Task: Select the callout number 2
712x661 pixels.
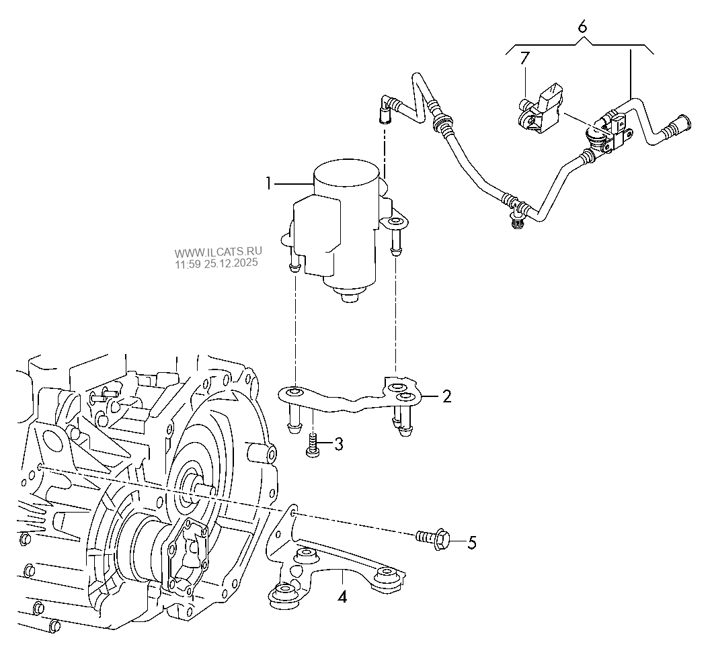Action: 446,396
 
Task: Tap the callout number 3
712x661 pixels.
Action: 338,443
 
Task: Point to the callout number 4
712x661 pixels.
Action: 342,596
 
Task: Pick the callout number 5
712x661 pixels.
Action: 471,542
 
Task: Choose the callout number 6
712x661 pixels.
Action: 582,27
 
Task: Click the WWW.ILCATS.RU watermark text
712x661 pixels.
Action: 219,253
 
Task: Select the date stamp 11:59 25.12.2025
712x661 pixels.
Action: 216,265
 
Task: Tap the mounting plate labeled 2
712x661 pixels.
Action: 350,401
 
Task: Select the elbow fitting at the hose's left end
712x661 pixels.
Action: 385,107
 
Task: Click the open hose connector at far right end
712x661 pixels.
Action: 676,126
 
